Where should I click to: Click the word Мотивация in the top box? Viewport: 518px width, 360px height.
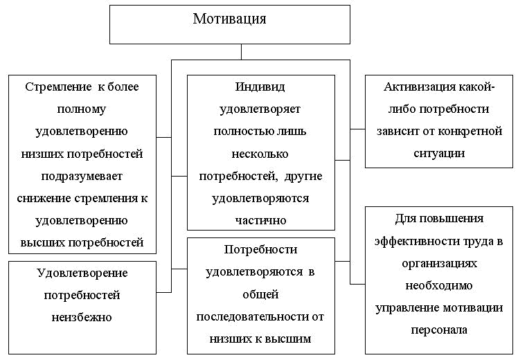[229, 19]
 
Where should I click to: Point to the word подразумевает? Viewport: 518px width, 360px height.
[82, 176]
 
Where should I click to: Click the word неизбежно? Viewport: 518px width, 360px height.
[82, 317]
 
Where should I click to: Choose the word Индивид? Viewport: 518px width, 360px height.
[260, 87]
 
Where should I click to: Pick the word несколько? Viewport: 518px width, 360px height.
[260, 154]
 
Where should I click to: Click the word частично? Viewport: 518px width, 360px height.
[260, 220]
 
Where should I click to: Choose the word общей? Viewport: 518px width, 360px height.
[260, 294]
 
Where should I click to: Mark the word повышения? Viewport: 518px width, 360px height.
[459, 219]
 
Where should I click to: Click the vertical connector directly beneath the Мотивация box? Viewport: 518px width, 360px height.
[241, 52]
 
